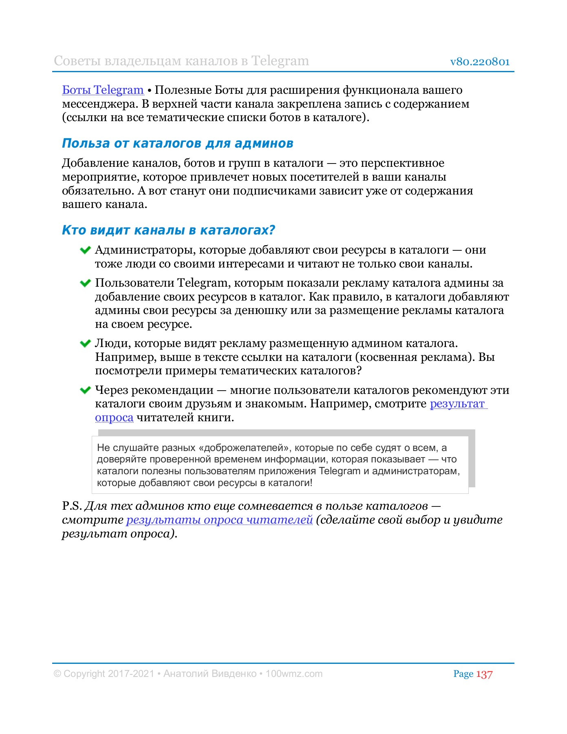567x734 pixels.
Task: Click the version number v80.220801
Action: [x=480, y=62]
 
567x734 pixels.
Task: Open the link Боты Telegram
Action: [x=103, y=90]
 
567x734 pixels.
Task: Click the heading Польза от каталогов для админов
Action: [x=177, y=144]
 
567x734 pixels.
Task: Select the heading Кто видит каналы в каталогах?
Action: [x=168, y=230]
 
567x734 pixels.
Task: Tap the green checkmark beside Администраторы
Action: [x=85, y=250]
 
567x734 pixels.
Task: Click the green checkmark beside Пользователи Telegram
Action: [x=85, y=283]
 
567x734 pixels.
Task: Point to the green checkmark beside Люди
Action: [x=85, y=344]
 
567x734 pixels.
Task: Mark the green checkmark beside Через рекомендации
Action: [x=85, y=390]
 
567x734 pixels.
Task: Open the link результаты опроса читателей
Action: [x=219, y=520]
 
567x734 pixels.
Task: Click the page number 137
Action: [x=484, y=674]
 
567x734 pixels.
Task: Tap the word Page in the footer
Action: [x=463, y=674]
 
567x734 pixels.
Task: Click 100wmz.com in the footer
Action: [x=294, y=674]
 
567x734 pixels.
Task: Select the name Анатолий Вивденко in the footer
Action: [x=210, y=674]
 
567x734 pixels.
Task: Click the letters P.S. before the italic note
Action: [x=72, y=506]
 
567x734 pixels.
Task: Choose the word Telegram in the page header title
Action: [x=280, y=61]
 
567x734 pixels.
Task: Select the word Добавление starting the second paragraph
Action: [x=95, y=163]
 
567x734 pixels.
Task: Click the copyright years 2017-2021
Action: [x=131, y=674]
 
